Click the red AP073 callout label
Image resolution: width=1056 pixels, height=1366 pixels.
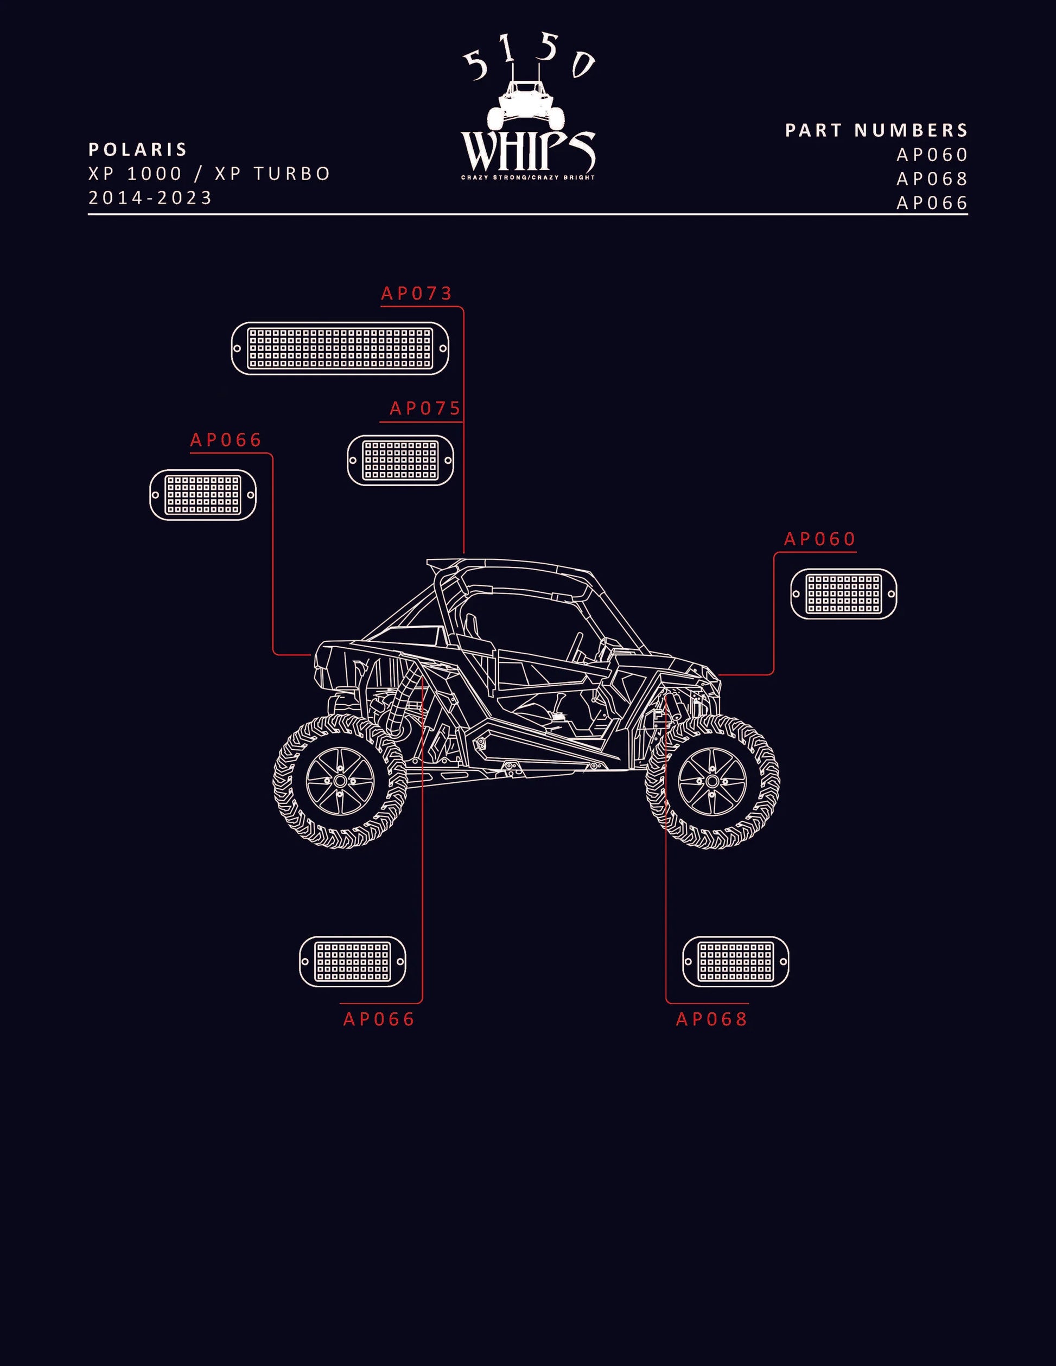point(417,293)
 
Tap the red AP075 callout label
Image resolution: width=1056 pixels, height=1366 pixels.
point(425,408)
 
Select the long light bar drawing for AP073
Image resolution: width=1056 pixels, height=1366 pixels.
point(340,348)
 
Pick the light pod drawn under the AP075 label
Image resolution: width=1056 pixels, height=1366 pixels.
point(400,461)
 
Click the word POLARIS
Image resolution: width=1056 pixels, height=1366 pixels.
point(138,150)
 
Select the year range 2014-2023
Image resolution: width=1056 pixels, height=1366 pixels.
point(151,197)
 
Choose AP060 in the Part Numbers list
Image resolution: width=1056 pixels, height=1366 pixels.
point(933,155)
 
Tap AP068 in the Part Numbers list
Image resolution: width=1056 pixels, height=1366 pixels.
point(933,179)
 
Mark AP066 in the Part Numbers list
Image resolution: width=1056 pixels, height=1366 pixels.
point(933,203)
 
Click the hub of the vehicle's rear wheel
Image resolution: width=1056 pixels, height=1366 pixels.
point(340,781)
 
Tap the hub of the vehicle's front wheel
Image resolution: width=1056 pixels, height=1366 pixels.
point(713,781)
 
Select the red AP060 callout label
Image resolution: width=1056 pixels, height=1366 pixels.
point(820,539)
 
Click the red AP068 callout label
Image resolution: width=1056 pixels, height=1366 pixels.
point(712,1019)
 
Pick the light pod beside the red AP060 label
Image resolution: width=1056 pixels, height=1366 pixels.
point(844,593)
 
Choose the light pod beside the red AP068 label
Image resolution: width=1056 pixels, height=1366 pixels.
point(736,961)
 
